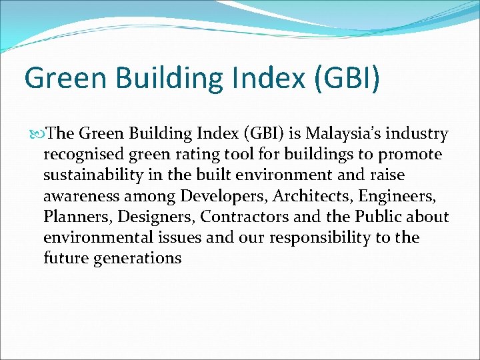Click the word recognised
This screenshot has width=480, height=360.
pos(83,155)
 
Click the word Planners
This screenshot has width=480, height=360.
pos(71,217)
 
